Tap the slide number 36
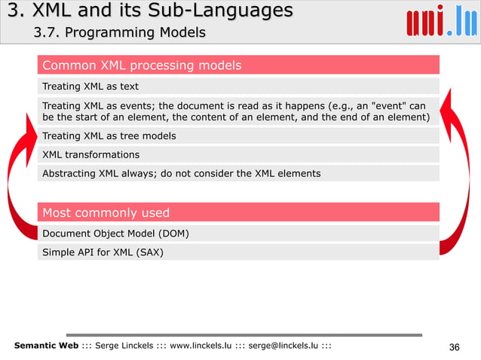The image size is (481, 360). point(453,346)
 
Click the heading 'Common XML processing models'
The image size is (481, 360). point(142,66)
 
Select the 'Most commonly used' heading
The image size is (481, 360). point(106,212)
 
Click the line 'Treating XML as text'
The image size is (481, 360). point(90,86)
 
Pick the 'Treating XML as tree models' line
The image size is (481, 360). point(109,136)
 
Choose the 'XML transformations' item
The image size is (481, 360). point(91,155)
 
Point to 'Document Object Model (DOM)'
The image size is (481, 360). point(115,233)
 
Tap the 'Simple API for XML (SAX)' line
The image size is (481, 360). point(103,252)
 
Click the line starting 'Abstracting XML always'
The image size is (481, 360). point(181,173)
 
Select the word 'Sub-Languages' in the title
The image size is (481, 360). point(225,11)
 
